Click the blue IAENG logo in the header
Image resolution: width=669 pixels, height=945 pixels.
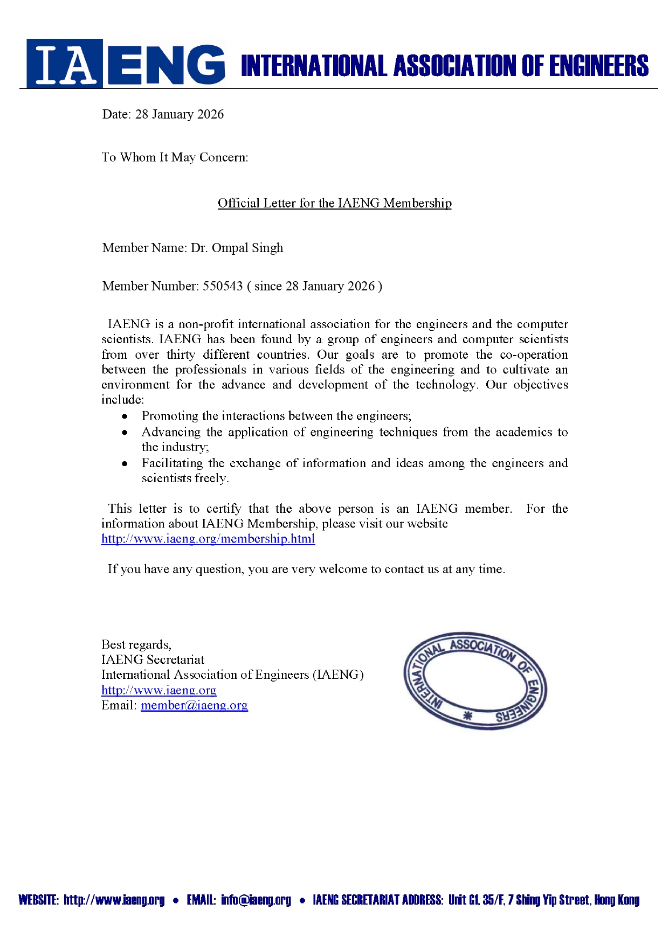tap(126, 64)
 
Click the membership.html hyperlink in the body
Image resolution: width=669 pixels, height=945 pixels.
tap(208, 539)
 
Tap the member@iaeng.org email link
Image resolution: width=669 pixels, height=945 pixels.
tap(194, 705)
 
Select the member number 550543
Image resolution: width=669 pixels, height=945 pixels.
tap(223, 286)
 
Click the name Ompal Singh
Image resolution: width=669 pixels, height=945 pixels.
tap(247, 248)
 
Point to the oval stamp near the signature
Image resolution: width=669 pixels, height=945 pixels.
tap(475, 681)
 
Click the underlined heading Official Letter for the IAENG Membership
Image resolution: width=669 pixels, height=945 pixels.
tap(334, 203)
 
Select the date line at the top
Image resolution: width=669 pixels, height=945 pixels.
tap(163, 114)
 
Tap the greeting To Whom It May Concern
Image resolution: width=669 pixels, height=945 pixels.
tap(175, 157)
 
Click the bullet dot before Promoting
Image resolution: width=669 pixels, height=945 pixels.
tap(125, 416)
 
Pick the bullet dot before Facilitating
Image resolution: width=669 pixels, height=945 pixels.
tap(125, 463)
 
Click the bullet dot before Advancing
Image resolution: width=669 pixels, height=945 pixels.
tap(125, 432)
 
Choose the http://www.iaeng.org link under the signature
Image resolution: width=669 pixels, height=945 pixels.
tap(159, 690)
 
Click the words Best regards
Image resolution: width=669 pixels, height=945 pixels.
tap(136, 645)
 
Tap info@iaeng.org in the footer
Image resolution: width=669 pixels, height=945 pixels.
tap(256, 900)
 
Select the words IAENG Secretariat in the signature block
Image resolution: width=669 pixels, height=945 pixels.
tap(153, 660)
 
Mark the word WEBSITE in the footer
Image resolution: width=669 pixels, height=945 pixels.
tap(38, 900)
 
